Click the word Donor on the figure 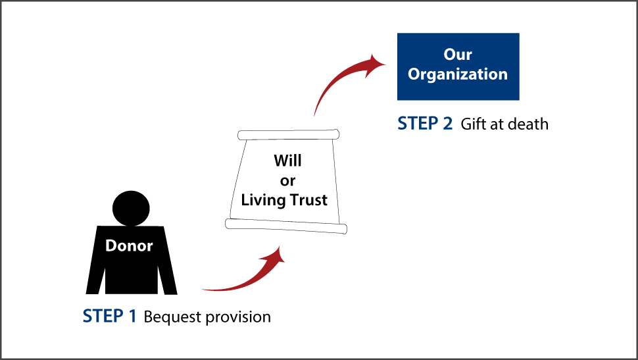pos(129,246)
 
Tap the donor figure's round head pos(131,209)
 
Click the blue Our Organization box pos(458,66)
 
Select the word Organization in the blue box pos(458,74)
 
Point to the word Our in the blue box pos(458,55)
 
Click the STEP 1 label pos(109,317)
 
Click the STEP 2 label pos(425,123)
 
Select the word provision pos(239,317)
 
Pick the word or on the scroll pos(287,181)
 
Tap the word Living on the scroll pos(263,200)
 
